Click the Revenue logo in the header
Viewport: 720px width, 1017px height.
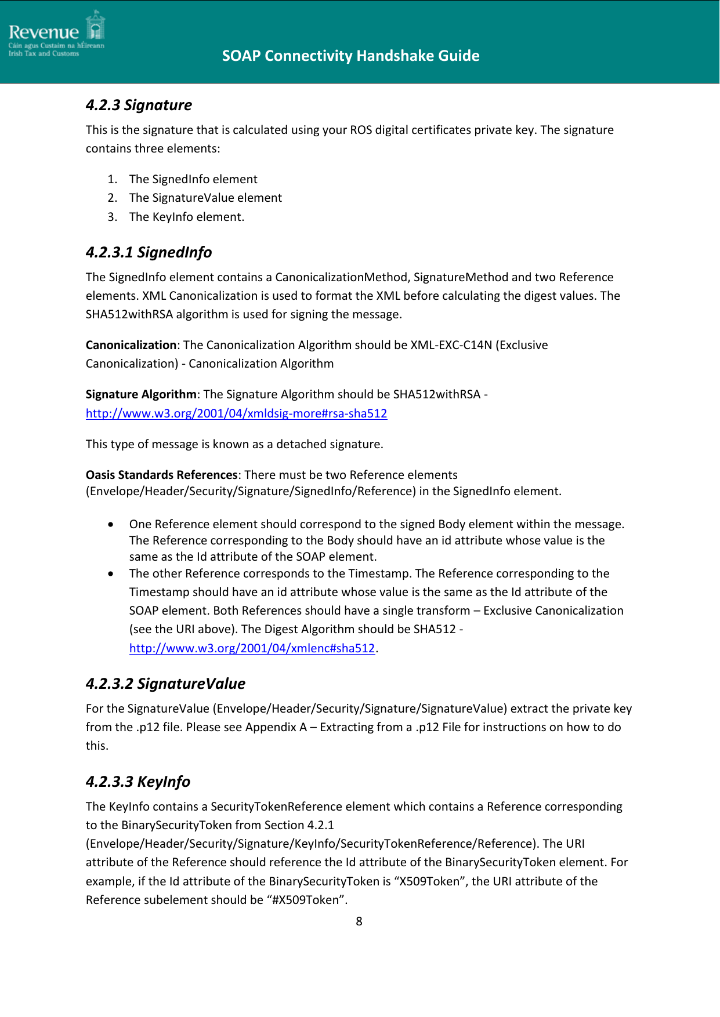click(56, 34)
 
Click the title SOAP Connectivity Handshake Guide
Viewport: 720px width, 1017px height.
click(350, 56)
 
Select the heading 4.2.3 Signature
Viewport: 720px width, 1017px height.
click(139, 105)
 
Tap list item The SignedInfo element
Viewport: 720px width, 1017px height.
click(193, 179)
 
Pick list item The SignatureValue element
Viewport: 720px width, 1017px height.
click(205, 198)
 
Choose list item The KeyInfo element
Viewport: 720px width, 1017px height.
click(186, 217)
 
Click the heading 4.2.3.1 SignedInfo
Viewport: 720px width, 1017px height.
click(149, 252)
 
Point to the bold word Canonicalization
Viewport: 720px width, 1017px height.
click(131, 345)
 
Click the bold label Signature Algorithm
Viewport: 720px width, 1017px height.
click(141, 394)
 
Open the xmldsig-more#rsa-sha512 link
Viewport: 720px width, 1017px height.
click(236, 413)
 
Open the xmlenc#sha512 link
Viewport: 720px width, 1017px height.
click(252, 648)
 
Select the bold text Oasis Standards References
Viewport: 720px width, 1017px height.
click(161, 475)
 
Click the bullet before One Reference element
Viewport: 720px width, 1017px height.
click(110, 525)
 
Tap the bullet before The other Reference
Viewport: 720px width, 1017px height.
click(110, 574)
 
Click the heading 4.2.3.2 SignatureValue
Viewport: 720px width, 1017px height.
click(165, 684)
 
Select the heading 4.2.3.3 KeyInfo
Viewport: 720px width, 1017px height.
click(138, 782)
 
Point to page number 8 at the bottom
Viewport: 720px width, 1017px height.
click(359, 921)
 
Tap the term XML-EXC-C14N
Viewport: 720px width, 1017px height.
click(451, 345)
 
